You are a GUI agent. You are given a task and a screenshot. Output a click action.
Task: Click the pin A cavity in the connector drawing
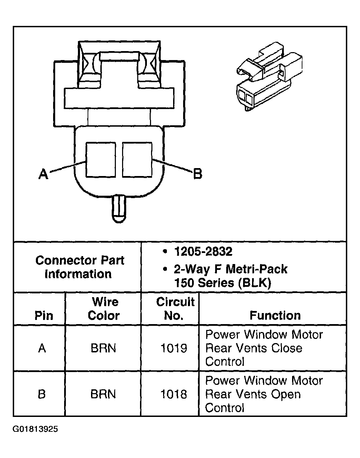tap(100, 160)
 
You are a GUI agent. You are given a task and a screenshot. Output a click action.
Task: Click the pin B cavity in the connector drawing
tap(137, 160)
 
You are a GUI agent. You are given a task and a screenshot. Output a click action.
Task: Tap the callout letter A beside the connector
tap(43, 174)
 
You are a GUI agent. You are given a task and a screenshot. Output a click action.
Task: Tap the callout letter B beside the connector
tap(198, 174)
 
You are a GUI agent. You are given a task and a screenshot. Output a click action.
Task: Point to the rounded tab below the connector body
tap(119, 209)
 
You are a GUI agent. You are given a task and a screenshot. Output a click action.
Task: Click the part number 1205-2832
tap(203, 252)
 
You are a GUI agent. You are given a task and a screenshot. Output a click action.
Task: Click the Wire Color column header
tap(104, 309)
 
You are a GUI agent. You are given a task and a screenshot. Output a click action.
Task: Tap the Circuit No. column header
tap(175, 309)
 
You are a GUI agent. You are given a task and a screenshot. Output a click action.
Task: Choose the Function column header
tap(275, 315)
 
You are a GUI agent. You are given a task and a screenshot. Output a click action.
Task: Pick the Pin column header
tap(44, 315)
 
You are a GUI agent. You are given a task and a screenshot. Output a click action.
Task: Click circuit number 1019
tap(174, 348)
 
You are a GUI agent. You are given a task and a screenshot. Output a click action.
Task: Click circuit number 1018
tap(173, 394)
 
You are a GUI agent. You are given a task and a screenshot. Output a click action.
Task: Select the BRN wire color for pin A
tap(103, 348)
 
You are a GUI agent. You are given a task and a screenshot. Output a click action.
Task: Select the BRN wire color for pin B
tap(103, 394)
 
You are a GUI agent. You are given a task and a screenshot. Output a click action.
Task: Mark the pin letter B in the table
tap(42, 394)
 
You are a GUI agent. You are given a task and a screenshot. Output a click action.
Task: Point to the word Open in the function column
tap(286, 394)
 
